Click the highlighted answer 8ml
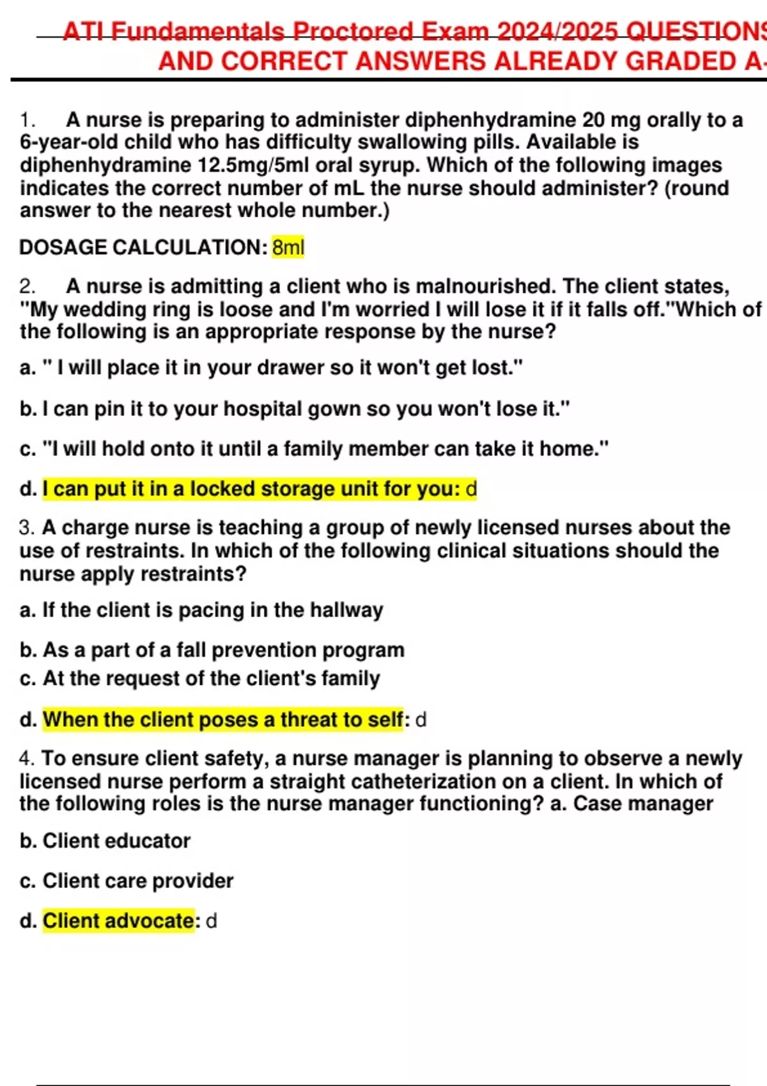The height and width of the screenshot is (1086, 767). point(288,247)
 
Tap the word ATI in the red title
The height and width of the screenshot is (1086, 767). point(84,32)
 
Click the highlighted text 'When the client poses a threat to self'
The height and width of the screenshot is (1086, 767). point(223,720)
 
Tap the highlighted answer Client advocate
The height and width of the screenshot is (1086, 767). point(118,921)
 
